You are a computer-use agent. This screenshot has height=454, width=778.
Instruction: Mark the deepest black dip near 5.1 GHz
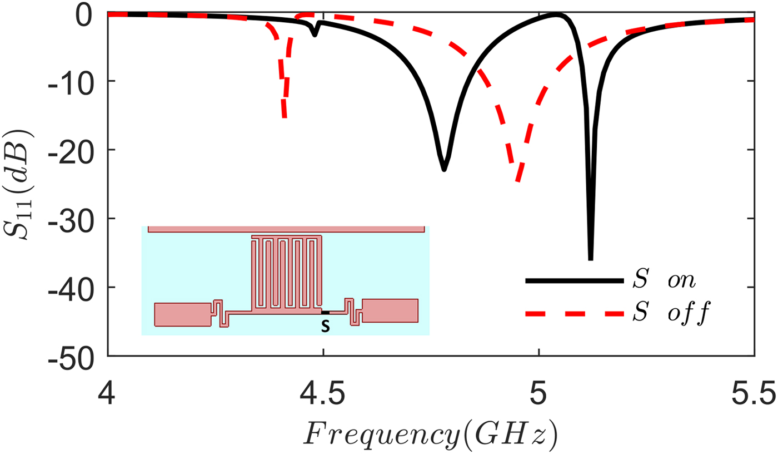pyautogui.click(x=590, y=258)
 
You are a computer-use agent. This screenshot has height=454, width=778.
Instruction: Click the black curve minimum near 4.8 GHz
pyautogui.click(x=443, y=169)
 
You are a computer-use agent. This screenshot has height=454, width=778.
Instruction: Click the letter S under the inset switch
pyautogui.click(x=326, y=327)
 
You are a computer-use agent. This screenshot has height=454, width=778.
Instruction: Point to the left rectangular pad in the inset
pyautogui.click(x=183, y=314)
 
